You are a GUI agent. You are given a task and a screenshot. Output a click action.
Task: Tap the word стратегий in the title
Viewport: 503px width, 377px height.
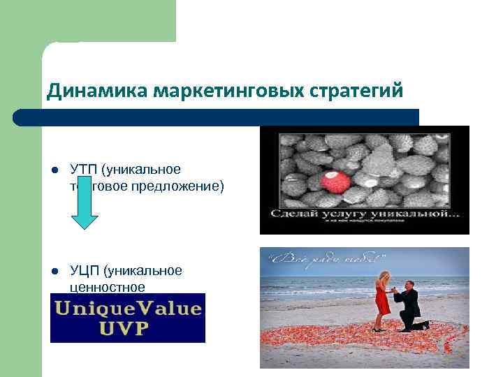click(x=363, y=91)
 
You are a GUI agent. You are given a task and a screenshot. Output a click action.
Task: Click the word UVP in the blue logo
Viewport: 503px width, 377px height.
click(x=127, y=327)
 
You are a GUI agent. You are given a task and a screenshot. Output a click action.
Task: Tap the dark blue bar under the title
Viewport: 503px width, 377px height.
click(x=217, y=117)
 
